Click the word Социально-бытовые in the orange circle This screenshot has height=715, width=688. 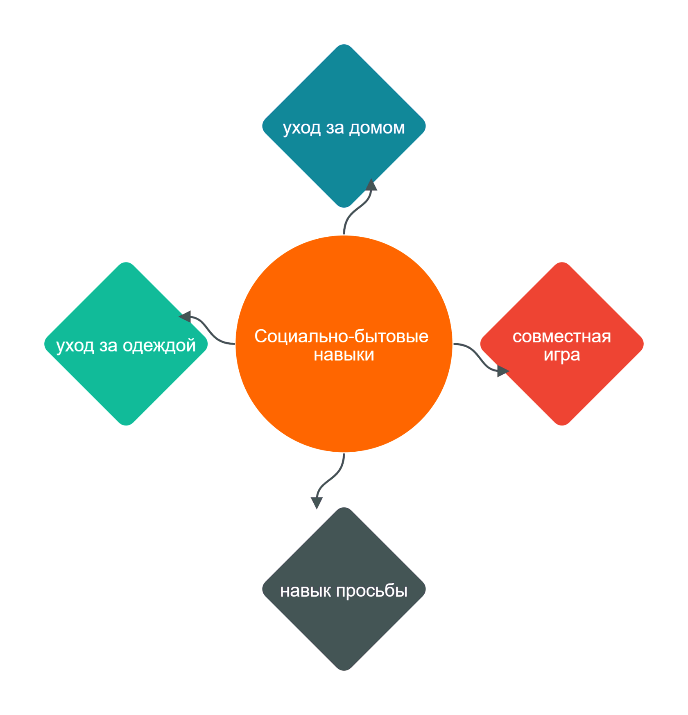(341, 336)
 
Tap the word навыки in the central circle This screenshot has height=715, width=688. (344, 355)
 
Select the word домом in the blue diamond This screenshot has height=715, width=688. (377, 128)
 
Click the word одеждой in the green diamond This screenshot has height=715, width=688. (159, 346)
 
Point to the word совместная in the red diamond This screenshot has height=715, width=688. (561, 337)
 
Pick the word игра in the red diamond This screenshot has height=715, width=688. (561, 355)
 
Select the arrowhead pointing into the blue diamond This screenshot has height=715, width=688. (371, 185)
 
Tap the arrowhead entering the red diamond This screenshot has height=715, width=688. (502, 371)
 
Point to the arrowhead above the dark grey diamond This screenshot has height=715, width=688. (317, 502)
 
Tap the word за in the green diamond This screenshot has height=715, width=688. (108, 346)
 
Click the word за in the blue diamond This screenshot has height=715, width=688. (335, 128)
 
